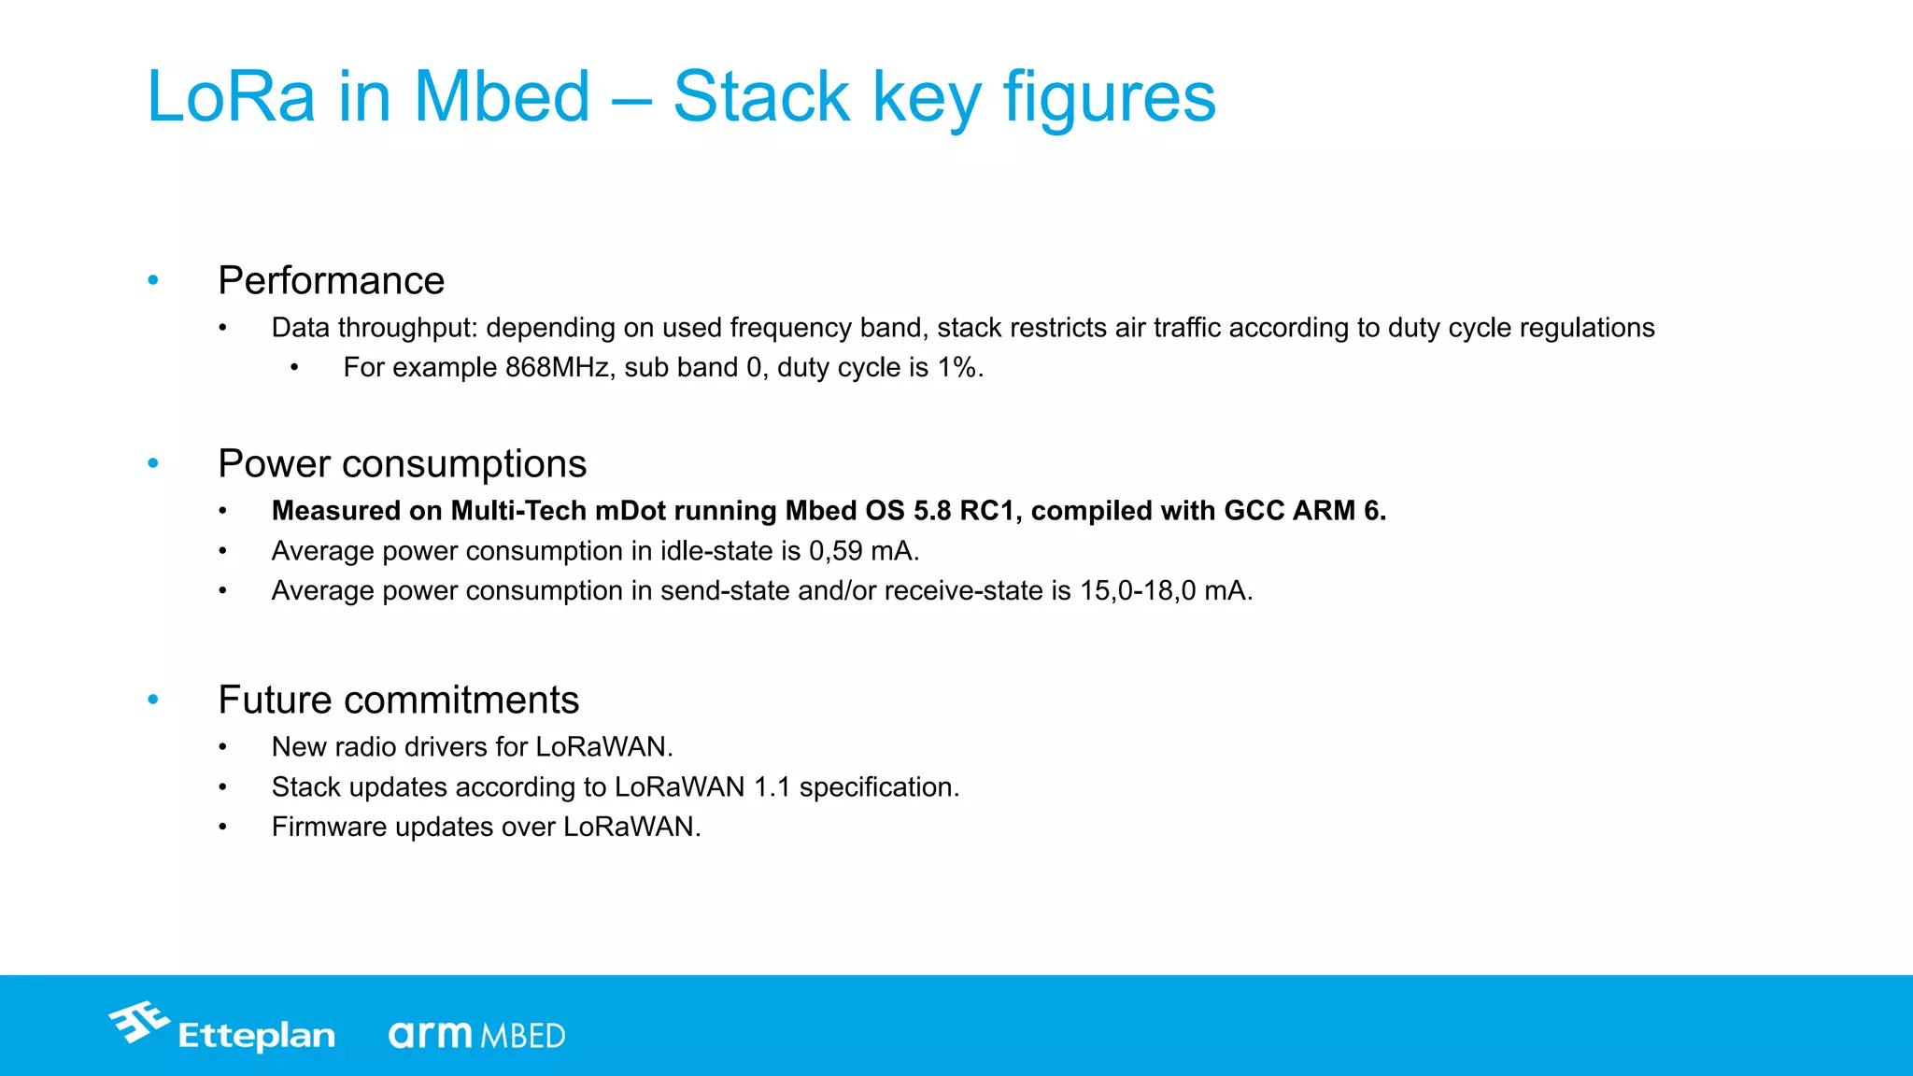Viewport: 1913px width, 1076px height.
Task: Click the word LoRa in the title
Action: click(x=232, y=97)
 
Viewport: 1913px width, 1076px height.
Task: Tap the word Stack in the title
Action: click(x=760, y=97)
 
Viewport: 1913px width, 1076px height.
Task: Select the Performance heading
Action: click(x=331, y=280)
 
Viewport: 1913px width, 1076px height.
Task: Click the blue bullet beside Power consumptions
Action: click(x=153, y=463)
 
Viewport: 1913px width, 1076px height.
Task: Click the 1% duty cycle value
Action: click(x=957, y=368)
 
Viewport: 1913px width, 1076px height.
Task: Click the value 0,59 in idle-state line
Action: click(x=835, y=551)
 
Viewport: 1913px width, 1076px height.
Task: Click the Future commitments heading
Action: click(x=398, y=700)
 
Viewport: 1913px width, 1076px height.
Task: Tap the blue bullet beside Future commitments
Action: click(x=153, y=700)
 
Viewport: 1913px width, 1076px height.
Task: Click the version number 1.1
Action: click(x=772, y=787)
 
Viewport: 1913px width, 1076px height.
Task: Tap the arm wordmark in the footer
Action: click(x=431, y=1034)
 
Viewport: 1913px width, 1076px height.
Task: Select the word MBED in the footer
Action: click(x=523, y=1036)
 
